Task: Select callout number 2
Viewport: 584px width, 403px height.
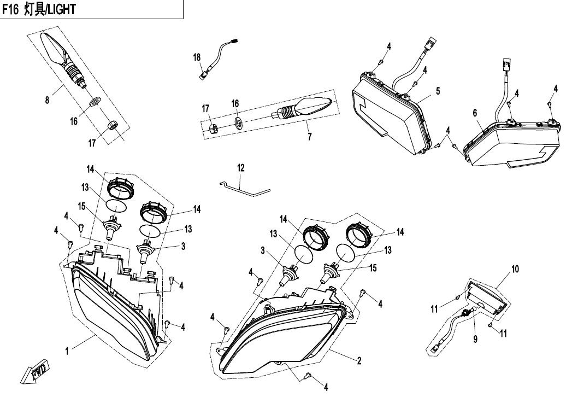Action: [x=359, y=361]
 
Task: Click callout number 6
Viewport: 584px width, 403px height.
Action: [x=475, y=113]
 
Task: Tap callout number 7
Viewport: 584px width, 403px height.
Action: [x=310, y=137]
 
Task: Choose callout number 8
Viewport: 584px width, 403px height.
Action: [x=47, y=100]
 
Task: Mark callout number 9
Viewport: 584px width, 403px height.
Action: [x=475, y=339]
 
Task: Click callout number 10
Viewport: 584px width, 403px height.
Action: [x=515, y=269]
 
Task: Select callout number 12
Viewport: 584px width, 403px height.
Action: [x=240, y=168]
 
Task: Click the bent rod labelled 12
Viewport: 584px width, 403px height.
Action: [x=246, y=189]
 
